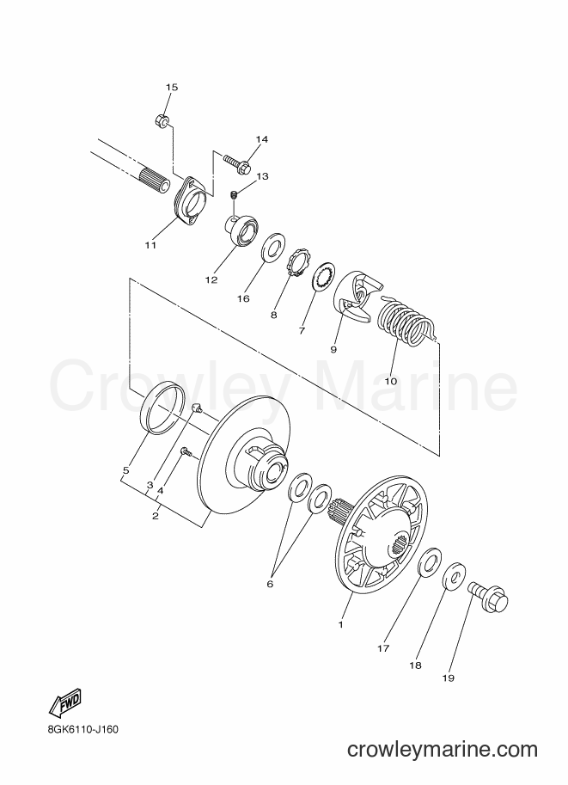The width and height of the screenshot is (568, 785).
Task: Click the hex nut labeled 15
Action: (x=162, y=120)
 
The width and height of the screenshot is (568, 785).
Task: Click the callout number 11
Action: (x=150, y=245)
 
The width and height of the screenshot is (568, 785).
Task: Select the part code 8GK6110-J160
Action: (x=80, y=729)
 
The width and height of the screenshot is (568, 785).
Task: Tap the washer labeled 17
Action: (x=430, y=561)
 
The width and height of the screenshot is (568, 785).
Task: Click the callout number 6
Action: (x=270, y=584)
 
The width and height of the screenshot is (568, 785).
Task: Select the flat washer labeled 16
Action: (x=274, y=246)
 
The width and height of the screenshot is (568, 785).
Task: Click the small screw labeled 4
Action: (x=186, y=452)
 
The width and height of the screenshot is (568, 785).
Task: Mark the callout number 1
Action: (x=341, y=624)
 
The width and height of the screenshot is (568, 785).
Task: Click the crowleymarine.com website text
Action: (x=443, y=750)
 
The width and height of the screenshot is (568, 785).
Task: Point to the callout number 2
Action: (x=156, y=516)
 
